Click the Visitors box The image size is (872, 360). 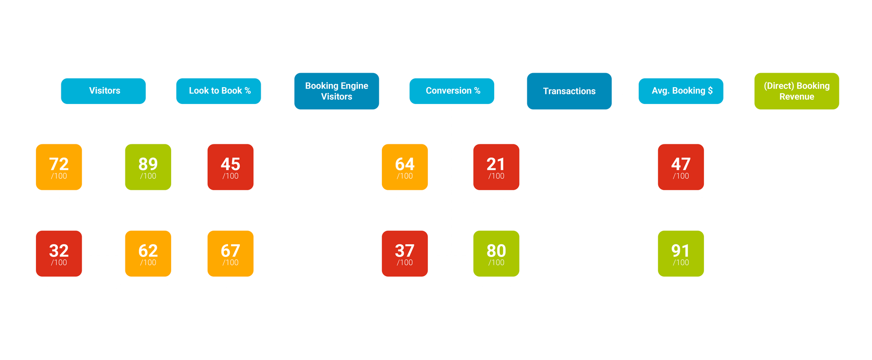point(103,91)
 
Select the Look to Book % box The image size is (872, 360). point(219,91)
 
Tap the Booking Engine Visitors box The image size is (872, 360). point(337,91)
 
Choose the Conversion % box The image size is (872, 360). point(452,91)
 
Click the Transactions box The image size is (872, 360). point(569,91)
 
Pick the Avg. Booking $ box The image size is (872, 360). point(681,91)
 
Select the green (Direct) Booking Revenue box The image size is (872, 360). point(797,91)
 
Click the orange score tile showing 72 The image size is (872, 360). point(59,167)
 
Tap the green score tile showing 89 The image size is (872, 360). point(148,167)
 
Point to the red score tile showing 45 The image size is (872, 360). point(230,167)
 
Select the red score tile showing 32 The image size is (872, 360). point(59,254)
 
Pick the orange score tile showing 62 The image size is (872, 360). point(148,254)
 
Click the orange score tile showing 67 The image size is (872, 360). point(230,254)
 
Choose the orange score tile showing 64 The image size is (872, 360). point(405,167)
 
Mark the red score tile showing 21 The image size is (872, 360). point(496,167)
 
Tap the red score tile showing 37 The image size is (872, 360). point(405,254)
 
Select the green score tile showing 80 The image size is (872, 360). point(496,254)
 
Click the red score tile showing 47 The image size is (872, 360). point(681,167)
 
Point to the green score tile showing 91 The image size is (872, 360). point(681,254)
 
